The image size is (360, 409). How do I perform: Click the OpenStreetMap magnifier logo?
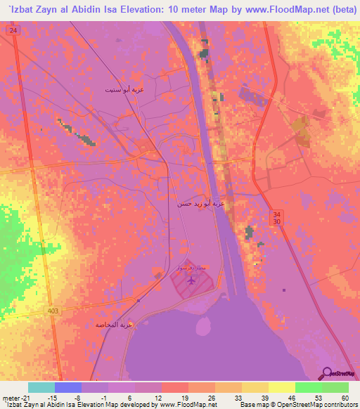[x=327, y=372]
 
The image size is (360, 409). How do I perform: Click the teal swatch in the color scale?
[x=41, y=387]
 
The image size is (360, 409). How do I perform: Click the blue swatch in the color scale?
[x=68, y=387]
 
